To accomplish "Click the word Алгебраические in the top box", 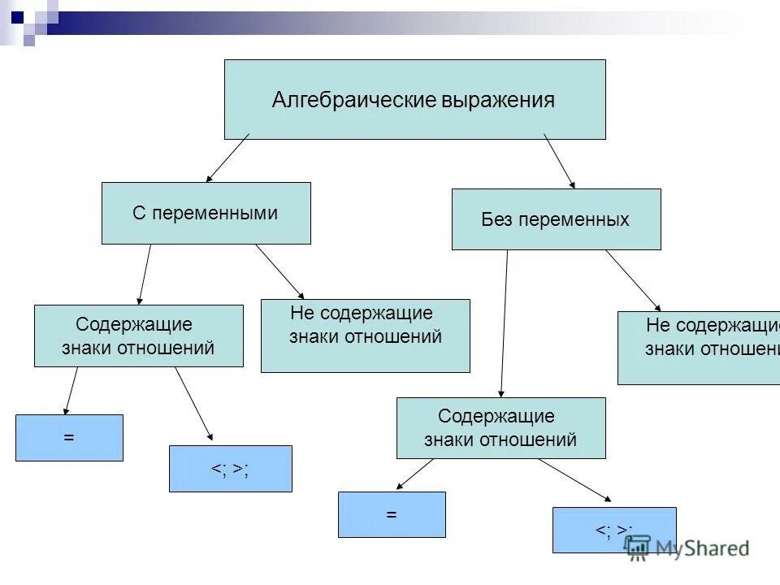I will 354,100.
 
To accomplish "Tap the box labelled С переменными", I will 206,213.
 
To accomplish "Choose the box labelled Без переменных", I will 556,219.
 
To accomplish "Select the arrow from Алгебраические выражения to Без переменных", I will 559,161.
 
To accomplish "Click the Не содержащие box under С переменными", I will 365,336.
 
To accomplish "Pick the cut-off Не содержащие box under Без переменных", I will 699,348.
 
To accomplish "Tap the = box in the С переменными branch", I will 69,438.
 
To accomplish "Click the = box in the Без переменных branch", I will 392,514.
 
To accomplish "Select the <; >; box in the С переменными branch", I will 230,469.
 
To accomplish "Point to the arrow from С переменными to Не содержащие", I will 279,271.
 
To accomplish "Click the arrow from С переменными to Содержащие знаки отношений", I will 145,275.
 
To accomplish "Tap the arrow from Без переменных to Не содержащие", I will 633,280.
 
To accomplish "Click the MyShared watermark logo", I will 687,547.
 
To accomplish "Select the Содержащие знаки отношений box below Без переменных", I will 500,428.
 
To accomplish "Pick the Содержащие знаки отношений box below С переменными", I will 138,336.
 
